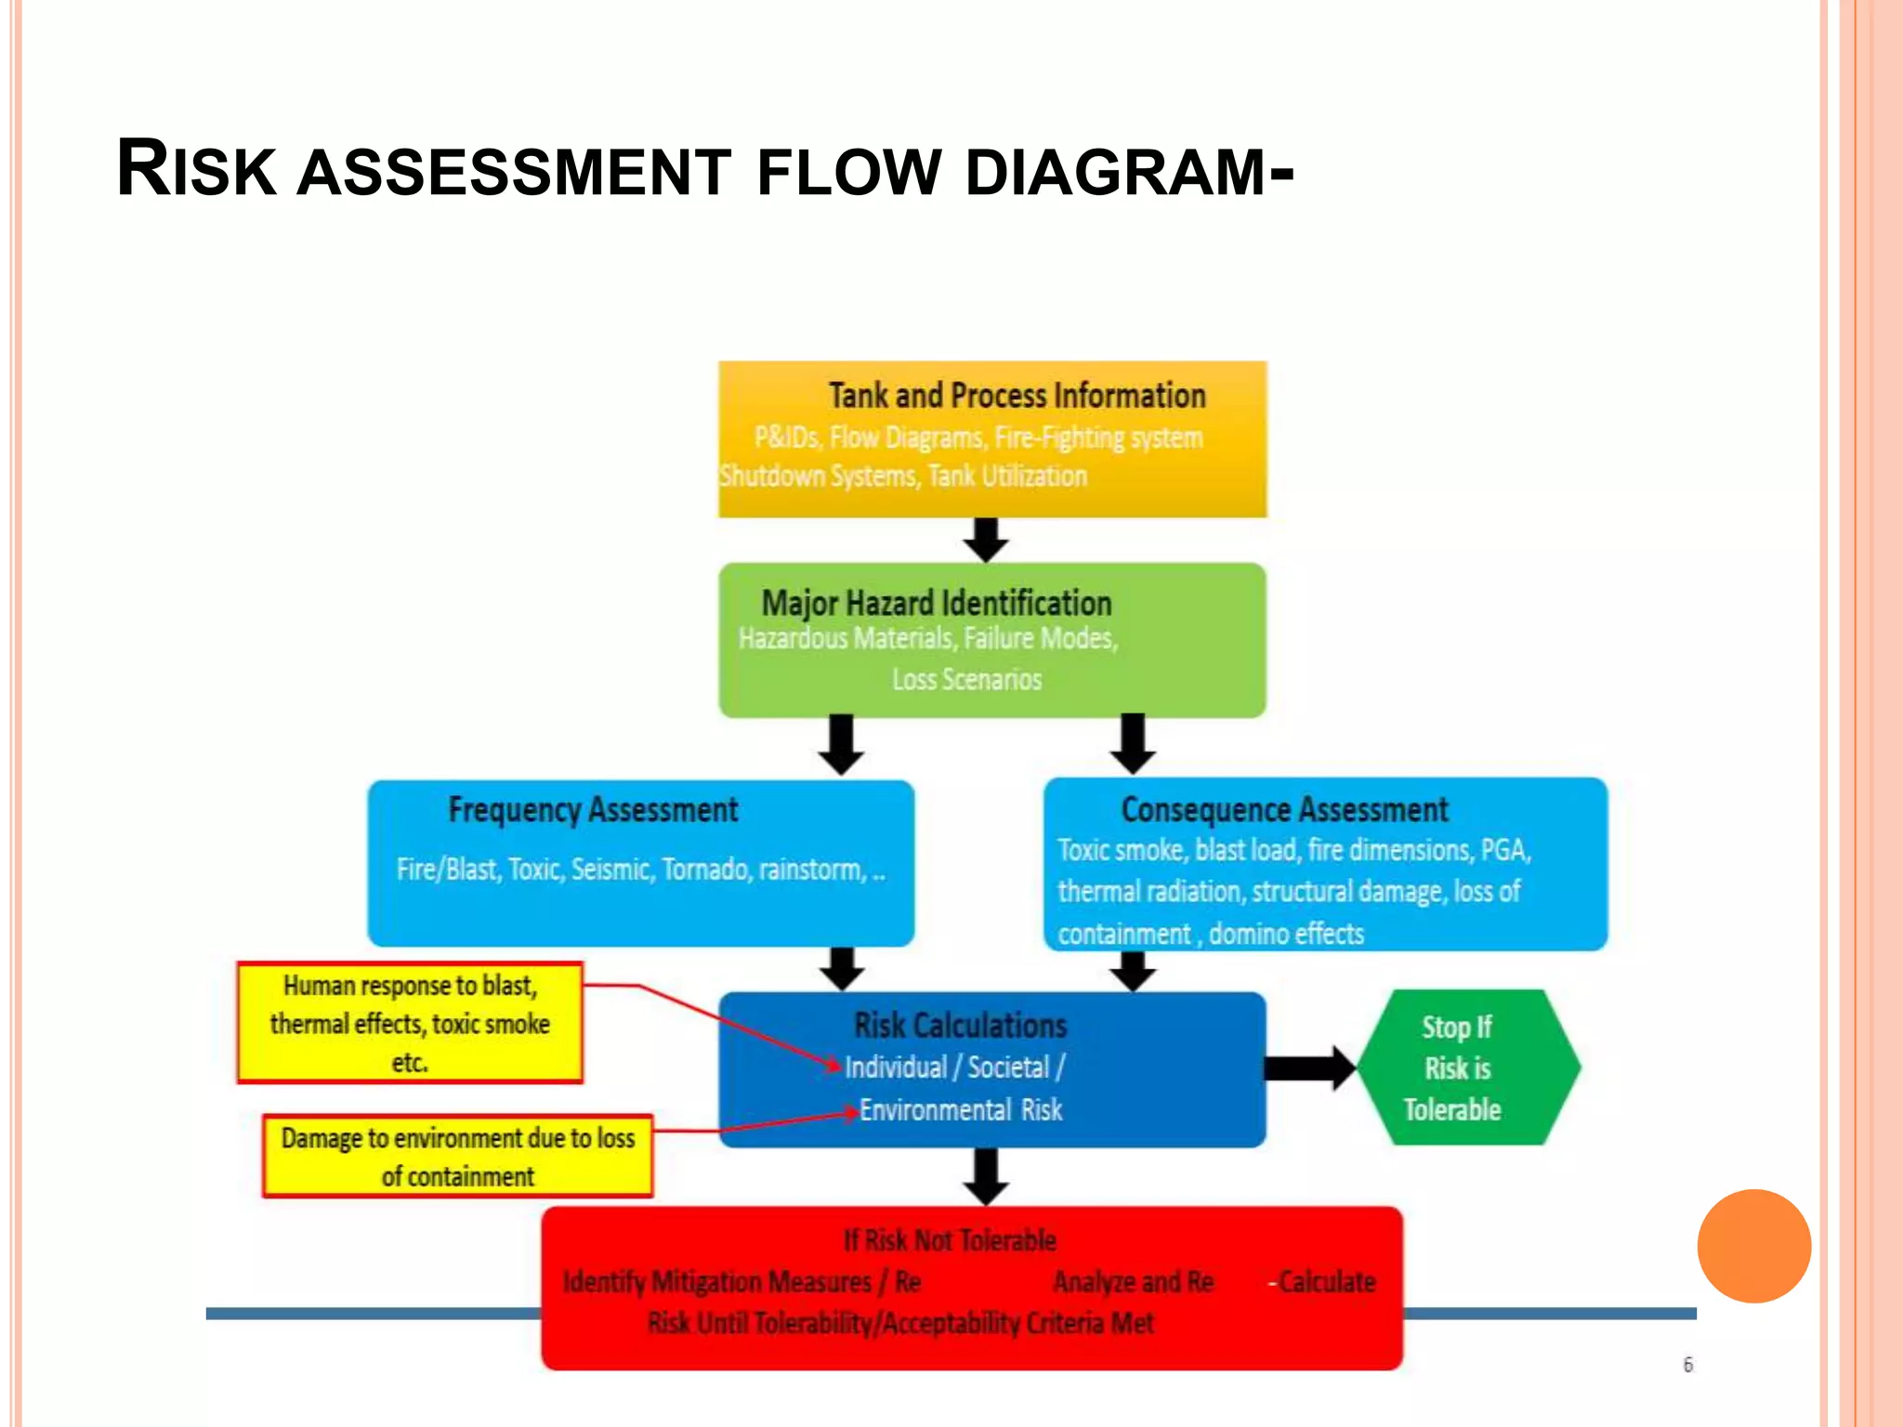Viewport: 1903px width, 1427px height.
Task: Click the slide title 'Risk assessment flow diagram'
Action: coord(704,169)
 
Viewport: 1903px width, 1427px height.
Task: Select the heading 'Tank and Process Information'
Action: coord(1017,396)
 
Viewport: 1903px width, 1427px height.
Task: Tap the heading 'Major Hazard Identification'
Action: coord(936,604)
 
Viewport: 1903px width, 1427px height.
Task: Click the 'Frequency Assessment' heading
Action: coord(593,810)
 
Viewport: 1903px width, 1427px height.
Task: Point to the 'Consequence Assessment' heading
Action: coord(1284,810)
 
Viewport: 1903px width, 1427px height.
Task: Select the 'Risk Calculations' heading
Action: coord(960,1026)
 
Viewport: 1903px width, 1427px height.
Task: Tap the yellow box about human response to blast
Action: coord(410,1023)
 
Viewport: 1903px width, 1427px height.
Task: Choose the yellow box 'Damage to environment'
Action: coord(457,1157)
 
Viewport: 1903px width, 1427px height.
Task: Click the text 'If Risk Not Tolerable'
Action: coord(949,1240)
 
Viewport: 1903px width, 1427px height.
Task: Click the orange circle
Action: coord(1753,1246)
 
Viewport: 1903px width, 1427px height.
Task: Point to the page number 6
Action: coord(1687,1365)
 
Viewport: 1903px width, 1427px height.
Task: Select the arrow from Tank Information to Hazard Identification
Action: coord(986,540)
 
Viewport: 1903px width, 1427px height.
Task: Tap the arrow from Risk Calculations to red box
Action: coord(986,1176)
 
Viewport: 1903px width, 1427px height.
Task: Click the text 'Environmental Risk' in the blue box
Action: coord(960,1110)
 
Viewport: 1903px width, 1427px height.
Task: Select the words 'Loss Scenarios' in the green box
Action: coord(966,680)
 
